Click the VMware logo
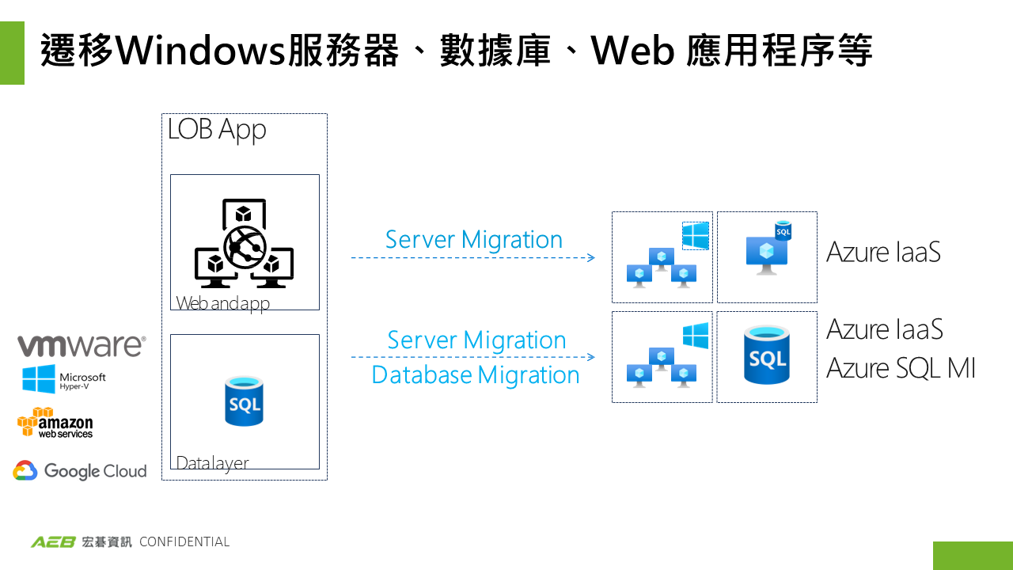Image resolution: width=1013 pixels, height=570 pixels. [82, 346]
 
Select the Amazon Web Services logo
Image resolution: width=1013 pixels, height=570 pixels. [55, 423]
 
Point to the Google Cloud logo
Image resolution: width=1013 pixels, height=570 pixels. [80, 471]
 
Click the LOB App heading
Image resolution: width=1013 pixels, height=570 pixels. [217, 130]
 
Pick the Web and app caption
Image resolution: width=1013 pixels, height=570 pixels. [222, 303]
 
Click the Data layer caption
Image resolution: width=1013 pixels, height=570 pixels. [212, 463]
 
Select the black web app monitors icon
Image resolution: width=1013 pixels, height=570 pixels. [244, 244]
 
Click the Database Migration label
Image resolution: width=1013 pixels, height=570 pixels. [476, 374]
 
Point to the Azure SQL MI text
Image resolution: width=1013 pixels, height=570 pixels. [901, 368]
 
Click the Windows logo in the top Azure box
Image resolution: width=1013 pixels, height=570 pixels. [696, 236]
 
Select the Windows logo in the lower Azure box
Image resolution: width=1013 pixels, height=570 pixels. [696, 336]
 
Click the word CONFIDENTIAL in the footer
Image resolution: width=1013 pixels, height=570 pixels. [184, 542]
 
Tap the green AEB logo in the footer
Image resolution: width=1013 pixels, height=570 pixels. [53, 542]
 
